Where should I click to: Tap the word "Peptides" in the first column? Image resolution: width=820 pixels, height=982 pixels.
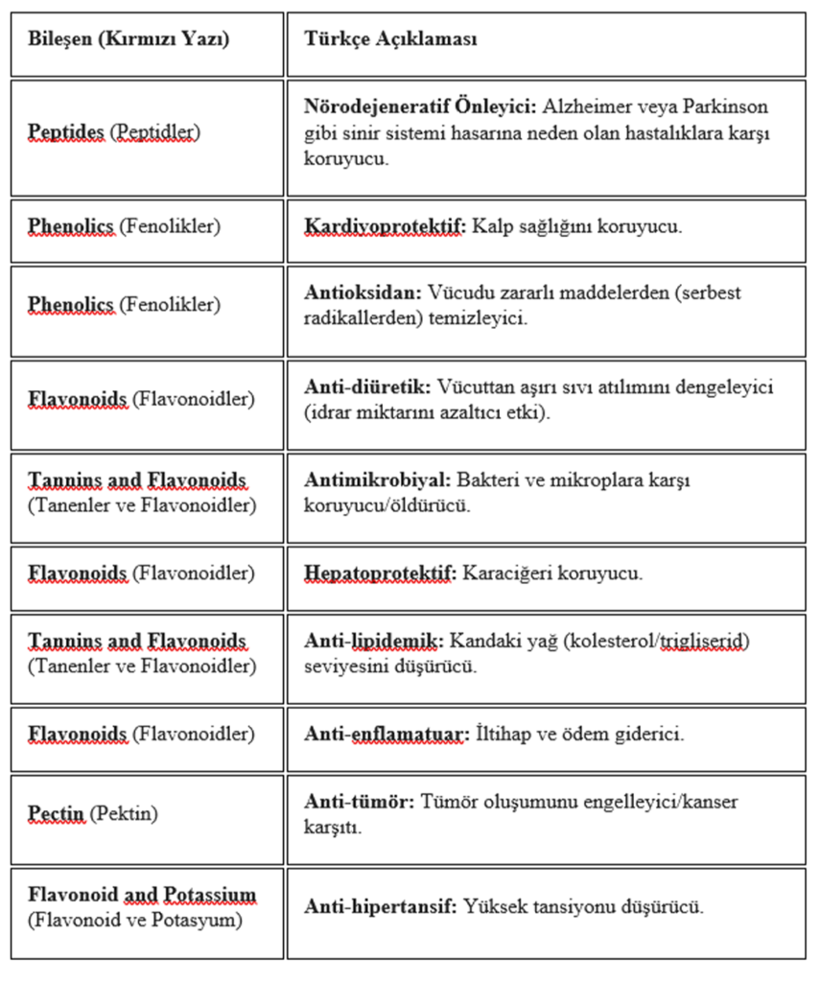66,133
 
